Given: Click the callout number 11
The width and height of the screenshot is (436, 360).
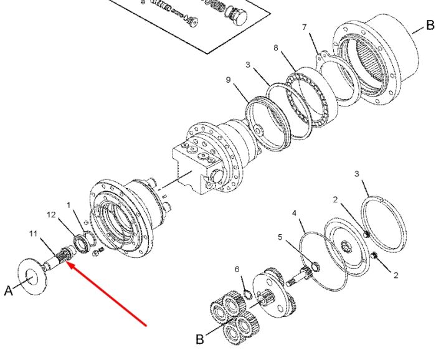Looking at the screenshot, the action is (33, 234).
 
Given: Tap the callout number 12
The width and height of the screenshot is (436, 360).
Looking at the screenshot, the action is (51, 215).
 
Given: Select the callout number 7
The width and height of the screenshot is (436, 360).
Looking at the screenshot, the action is (304, 27).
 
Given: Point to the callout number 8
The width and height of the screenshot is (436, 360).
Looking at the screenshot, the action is (275, 48).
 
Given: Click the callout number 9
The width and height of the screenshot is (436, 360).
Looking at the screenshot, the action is (229, 80).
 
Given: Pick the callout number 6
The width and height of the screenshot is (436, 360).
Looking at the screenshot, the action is (237, 269).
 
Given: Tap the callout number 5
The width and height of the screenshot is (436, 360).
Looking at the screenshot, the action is (280, 237).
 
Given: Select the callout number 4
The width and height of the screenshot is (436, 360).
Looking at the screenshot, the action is (294, 213).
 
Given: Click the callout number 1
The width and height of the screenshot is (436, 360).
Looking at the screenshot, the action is (69, 205).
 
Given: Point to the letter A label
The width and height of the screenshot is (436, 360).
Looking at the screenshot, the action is (9, 291).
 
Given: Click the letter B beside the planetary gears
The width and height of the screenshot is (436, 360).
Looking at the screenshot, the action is (200, 339).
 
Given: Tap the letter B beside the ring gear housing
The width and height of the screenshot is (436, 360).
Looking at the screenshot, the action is (430, 25).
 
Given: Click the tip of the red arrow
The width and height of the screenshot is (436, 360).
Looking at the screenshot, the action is (67, 262).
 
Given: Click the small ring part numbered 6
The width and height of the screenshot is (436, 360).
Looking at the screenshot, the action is (248, 294).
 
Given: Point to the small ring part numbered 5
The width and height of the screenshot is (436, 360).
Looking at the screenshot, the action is (315, 267).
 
